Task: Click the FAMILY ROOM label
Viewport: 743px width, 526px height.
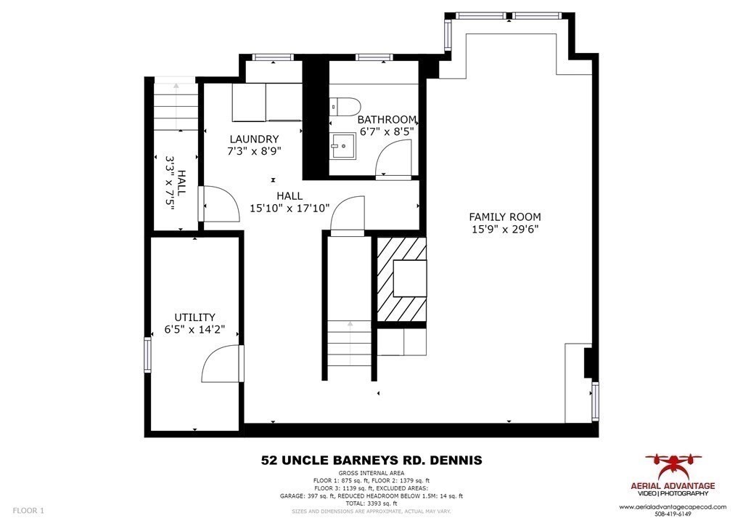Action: coord(504,217)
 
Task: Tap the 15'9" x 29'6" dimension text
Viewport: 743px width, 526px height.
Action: coord(504,229)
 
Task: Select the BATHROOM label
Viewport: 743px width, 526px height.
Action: coord(388,120)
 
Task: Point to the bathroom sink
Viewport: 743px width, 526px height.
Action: coord(342,147)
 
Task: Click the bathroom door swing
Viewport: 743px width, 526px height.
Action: coord(396,158)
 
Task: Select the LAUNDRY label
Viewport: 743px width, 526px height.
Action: coord(254,139)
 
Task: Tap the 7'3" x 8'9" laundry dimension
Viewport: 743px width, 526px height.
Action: coord(254,151)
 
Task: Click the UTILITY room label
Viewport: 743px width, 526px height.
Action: coord(194,317)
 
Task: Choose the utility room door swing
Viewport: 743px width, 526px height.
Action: coord(221,363)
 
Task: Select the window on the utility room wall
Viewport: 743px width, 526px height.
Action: coord(147,355)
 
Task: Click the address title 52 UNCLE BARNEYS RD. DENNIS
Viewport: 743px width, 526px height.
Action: coord(371,460)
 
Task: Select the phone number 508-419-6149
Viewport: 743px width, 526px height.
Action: coord(678,514)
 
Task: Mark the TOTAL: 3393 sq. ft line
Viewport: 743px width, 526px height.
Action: coord(371,503)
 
